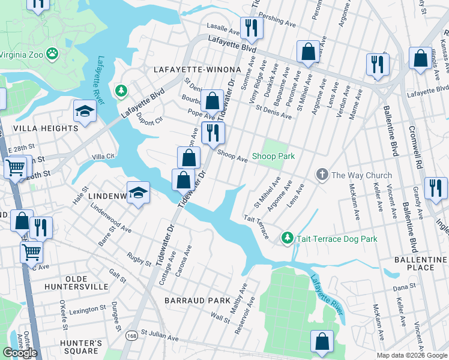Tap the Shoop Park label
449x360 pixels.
(x=273, y=157)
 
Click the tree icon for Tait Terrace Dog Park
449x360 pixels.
(x=288, y=238)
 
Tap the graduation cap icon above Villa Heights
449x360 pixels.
(x=85, y=111)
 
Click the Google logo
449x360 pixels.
(x=20, y=353)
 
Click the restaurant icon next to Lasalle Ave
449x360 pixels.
(x=250, y=27)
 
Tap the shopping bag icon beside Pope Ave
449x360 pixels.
(x=212, y=100)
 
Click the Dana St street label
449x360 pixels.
(x=400, y=288)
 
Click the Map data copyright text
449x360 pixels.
(x=412, y=355)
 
